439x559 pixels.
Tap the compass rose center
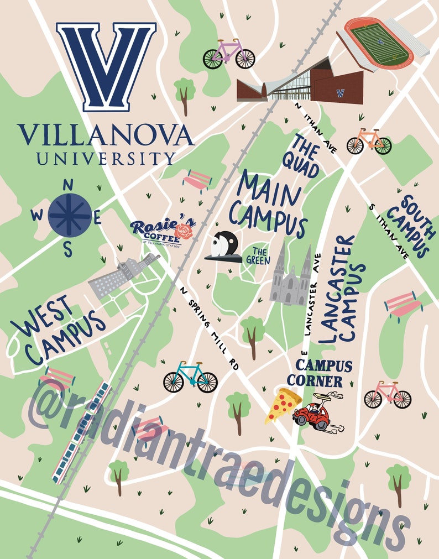click(x=70, y=215)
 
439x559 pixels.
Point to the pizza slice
click(x=282, y=404)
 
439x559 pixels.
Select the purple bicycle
click(x=229, y=54)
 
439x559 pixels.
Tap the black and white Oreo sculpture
click(x=224, y=247)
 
